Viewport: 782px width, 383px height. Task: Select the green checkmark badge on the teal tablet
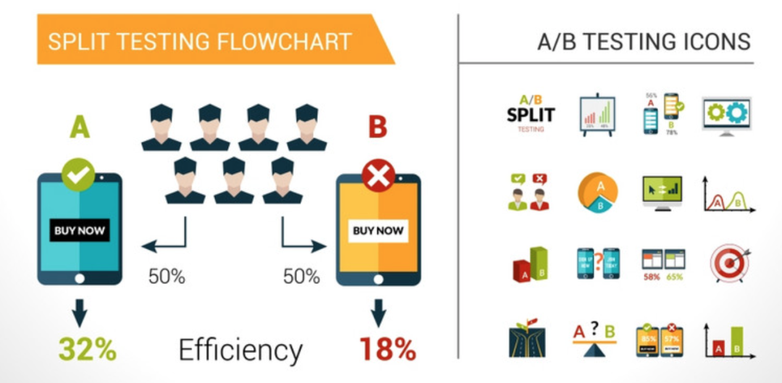[78, 175]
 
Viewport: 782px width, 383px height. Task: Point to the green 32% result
[88, 349]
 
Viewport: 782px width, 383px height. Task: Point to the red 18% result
[387, 349]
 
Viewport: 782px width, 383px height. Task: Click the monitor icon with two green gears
[726, 114]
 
